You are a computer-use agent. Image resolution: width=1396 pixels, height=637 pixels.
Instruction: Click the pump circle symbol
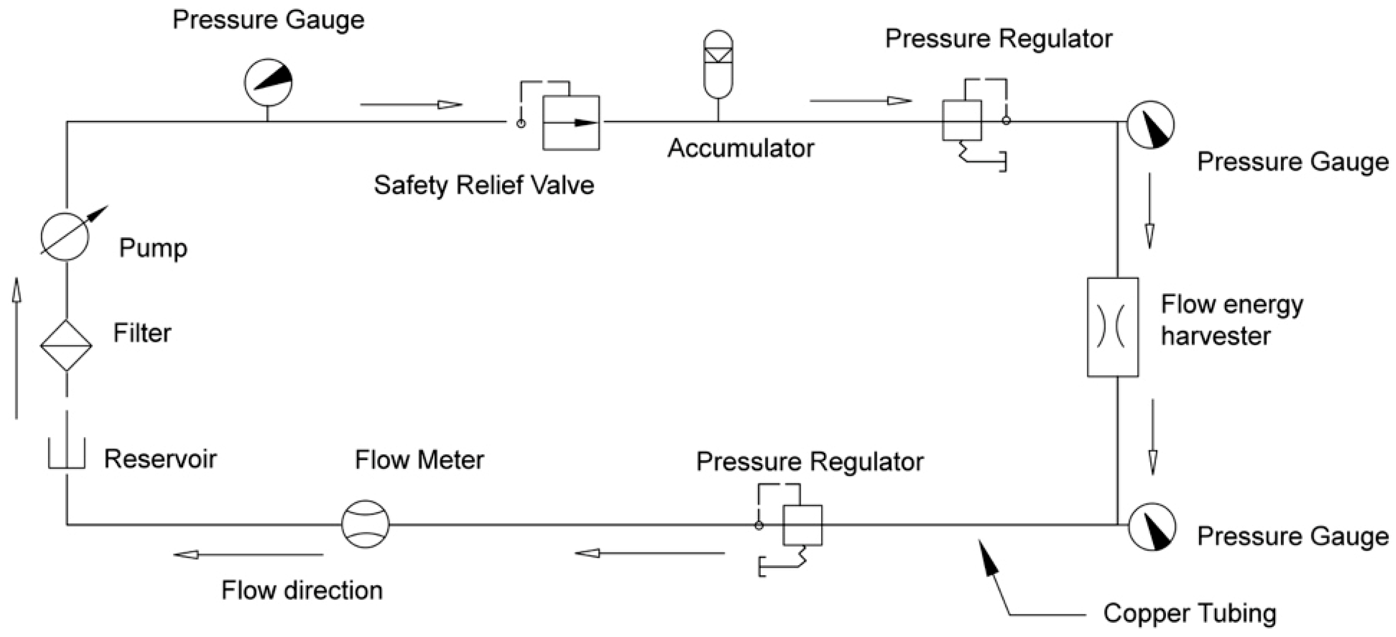point(65,237)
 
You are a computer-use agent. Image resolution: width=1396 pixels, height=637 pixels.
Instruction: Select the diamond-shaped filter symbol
point(66,345)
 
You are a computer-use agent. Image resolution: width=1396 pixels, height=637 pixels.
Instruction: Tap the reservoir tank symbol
point(67,455)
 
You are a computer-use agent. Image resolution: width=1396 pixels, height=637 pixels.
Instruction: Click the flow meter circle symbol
point(365,524)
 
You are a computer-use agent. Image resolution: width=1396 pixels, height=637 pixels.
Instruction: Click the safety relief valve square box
point(571,123)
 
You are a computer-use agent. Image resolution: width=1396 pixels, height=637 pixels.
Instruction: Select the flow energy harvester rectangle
point(1113,327)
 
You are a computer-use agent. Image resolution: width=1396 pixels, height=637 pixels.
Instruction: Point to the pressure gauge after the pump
point(268,82)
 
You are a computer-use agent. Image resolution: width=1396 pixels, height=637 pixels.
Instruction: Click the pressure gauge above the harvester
point(1150,125)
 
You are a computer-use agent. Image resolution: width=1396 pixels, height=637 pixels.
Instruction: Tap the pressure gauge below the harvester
point(1152,527)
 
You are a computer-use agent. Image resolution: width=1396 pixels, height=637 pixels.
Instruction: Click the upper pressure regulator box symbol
point(962,120)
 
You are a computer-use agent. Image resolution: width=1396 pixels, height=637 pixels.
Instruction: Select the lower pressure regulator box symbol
point(802,525)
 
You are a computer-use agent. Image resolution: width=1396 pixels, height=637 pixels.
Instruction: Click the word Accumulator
point(740,148)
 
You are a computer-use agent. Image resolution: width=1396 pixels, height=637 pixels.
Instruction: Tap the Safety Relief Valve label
point(484,185)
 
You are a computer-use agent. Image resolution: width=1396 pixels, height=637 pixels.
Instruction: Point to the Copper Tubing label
point(1190,614)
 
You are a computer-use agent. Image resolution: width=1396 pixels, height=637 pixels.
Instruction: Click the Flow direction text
point(302,590)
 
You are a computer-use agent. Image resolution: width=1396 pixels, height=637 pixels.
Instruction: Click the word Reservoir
point(160,459)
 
